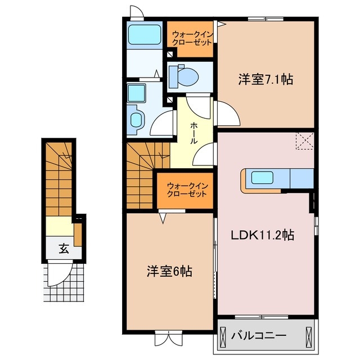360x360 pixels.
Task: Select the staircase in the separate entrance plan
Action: [58, 180]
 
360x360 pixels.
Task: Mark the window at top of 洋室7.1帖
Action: [265, 20]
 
